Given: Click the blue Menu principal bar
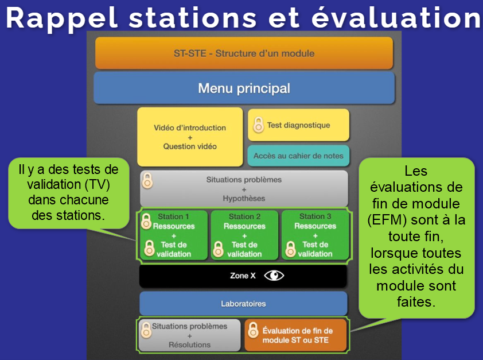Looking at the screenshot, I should pos(244,88).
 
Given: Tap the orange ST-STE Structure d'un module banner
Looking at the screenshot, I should pos(244,53).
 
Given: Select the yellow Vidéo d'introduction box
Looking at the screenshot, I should pos(190,137).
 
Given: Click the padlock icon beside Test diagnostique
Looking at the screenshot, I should pos(259,124).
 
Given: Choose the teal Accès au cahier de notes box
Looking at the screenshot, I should pos(298,155).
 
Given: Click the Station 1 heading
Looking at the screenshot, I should pos(173,216).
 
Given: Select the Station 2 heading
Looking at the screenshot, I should pos(244,216).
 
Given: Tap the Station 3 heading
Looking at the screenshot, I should pos(315,216).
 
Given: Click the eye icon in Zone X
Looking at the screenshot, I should pos(274,276).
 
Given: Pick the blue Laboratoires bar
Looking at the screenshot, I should pos(243,303).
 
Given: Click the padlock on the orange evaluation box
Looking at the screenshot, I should pos(253,330).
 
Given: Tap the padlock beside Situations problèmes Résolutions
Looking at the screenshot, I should pos(146,330).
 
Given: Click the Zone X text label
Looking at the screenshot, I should pos(243,276).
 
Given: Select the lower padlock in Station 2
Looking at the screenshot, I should pos(219,249).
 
